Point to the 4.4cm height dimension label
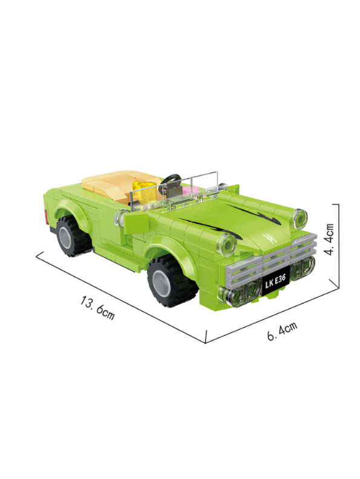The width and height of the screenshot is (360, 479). click(330, 239)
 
